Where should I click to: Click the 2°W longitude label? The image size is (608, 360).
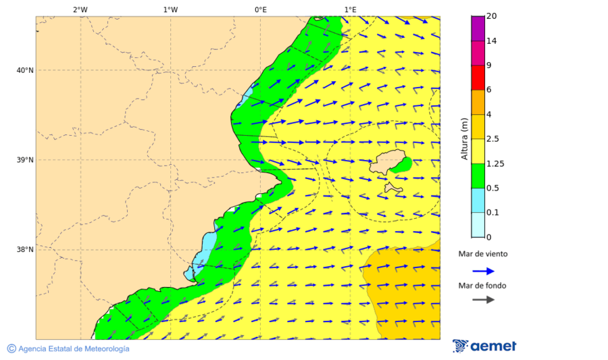click(x=80, y=9)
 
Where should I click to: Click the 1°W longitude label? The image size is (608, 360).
click(x=170, y=9)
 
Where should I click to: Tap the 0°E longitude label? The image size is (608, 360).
click(x=260, y=9)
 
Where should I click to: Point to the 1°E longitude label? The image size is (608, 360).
click(x=350, y=9)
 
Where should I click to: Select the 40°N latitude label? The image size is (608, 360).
click(x=25, y=70)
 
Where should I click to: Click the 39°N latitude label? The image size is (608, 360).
click(x=25, y=160)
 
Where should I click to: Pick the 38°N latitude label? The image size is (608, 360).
click(x=25, y=250)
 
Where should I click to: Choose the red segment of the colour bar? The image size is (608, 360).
click(x=478, y=78)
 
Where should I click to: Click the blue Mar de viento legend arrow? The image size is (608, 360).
click(x=482, y=271)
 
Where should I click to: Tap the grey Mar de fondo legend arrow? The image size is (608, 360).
click(x=482, y=300)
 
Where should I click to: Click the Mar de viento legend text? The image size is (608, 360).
click(x=482, y=254)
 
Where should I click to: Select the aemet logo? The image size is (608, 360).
click(x=484, y=346)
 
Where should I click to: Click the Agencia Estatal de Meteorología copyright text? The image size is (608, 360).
click(x=68, y=349)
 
